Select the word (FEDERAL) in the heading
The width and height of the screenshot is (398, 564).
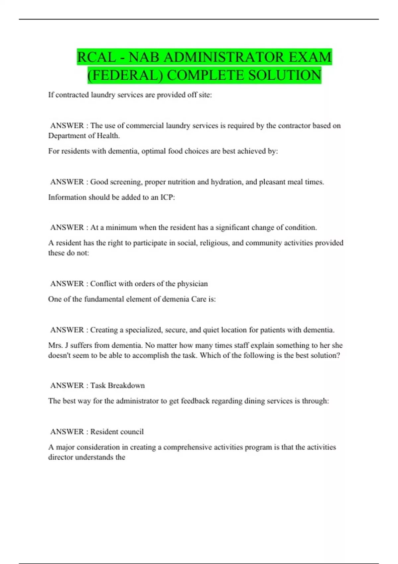pos(125,75)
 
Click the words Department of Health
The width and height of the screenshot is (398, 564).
pos(84,136)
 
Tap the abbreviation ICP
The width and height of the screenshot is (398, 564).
pos(167,197)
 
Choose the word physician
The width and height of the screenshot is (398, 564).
pos(192,284)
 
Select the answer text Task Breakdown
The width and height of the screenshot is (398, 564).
pos(117,386)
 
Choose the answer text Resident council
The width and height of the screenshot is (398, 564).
pos(117,432)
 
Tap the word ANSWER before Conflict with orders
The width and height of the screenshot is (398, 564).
pos(67,284)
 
